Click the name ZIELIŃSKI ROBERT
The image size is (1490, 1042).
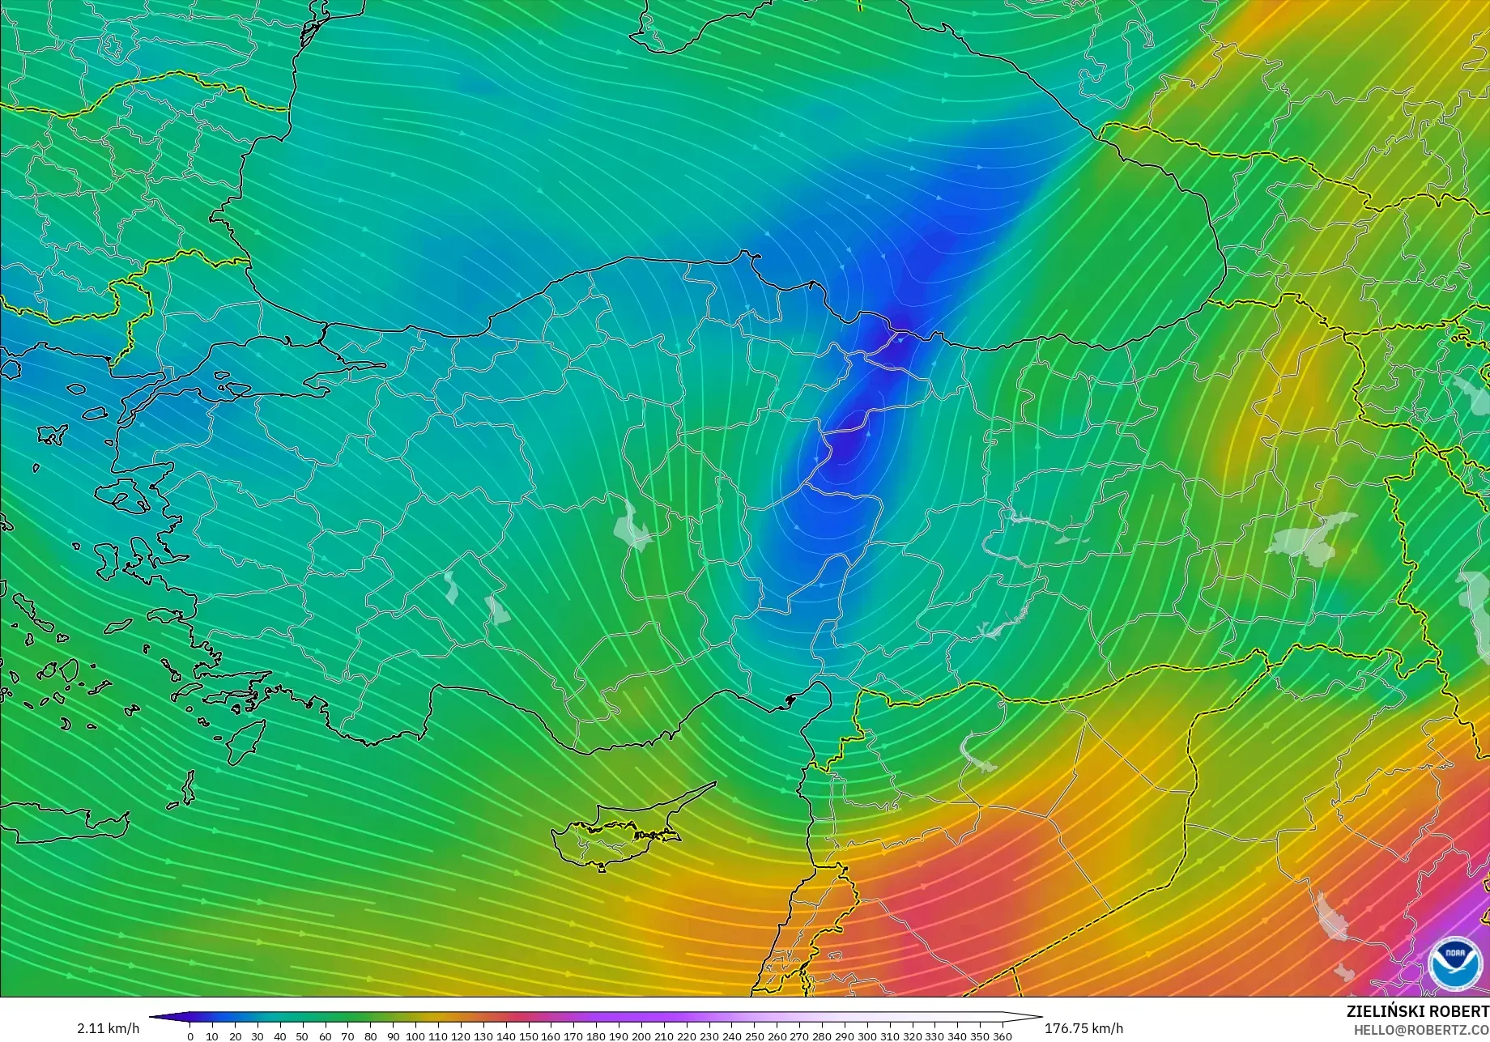point(1417,1011)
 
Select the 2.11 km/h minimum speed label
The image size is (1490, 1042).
point(109,1028)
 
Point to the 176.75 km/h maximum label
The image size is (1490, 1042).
point(1083,1028)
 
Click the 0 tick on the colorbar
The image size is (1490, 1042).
point(190,1036)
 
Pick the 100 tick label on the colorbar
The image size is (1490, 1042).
point(415,1036)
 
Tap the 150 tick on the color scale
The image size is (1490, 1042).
point(528,1036)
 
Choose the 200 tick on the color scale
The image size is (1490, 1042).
point(641,1036)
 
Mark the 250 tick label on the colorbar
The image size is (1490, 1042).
point(754,1036)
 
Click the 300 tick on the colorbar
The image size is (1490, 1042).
point(866,1036)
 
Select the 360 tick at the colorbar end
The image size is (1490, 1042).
point(1002,1036)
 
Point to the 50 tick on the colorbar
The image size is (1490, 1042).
point(303,1036)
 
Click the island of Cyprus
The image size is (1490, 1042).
point(619,830)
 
